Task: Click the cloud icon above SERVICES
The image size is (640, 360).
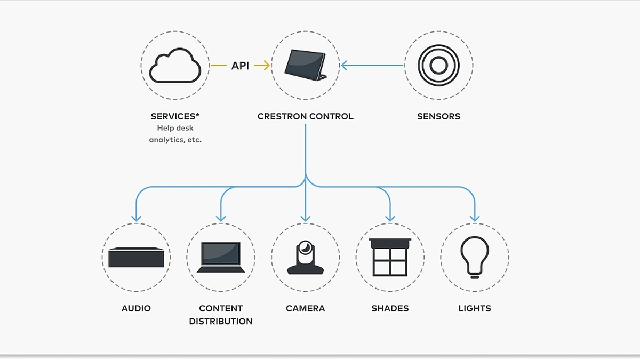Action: point(175,66)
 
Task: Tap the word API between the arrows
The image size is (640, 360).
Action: point(240,66)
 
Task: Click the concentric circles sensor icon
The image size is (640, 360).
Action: point(438,66)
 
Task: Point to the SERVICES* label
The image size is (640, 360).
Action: point(175,116)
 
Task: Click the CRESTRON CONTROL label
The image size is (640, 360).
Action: point(305,116)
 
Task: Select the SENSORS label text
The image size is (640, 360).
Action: point(438,116)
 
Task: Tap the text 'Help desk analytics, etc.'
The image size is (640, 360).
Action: point(175,134)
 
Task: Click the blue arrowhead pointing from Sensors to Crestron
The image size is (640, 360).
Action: point(345,66)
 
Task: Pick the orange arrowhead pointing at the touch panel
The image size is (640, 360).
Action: point(266,66)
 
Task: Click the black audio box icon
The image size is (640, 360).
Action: point(136,258)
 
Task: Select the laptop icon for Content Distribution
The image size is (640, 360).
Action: point(221,258)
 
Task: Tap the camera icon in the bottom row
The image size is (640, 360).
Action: point(305,257)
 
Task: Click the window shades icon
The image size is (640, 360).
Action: point(390,257)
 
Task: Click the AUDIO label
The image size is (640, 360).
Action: point(136,308)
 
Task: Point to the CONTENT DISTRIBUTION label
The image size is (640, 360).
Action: point(221,315)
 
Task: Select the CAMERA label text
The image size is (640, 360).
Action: point(305,308)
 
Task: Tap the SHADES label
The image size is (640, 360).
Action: point(390,308)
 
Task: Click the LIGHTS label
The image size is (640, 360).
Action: point(474,308)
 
